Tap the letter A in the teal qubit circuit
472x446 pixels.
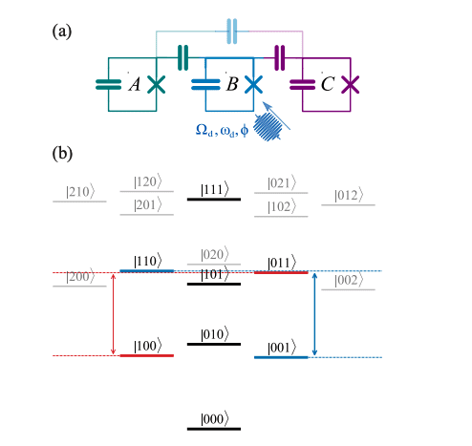(x=134, y=85)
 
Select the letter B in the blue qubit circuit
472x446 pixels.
(x=230, y=85)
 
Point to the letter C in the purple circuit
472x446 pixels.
(x=328, y=85)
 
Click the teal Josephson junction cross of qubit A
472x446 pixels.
(x=156, y=84)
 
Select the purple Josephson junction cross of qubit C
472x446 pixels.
(x=351, y=84)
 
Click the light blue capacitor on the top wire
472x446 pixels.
(x=230, y=32)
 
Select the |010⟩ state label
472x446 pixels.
(x=214, y=333)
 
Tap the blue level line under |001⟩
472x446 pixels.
(x=281, y=357)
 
